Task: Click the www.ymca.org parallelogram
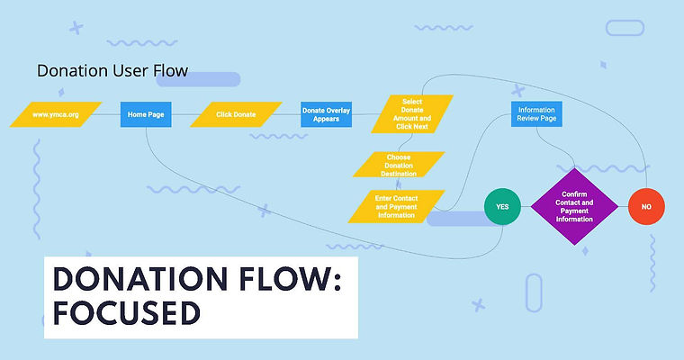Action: (54, 115)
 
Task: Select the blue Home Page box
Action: (145, 115)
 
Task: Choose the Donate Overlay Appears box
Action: (326, 115)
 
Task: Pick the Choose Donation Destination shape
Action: (399, 165)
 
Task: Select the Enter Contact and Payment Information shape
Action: (396, 206)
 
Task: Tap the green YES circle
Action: (502, 206)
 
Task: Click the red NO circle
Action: (646, 206)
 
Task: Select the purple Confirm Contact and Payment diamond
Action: (574, 206)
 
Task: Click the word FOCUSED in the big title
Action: (125, 312)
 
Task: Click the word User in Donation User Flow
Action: (124, 70)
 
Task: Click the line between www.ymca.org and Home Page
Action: (109, 115)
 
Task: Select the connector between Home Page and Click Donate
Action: (180, 115)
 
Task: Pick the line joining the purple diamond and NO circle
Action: (623, 206)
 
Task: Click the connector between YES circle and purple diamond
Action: (526, 206)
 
